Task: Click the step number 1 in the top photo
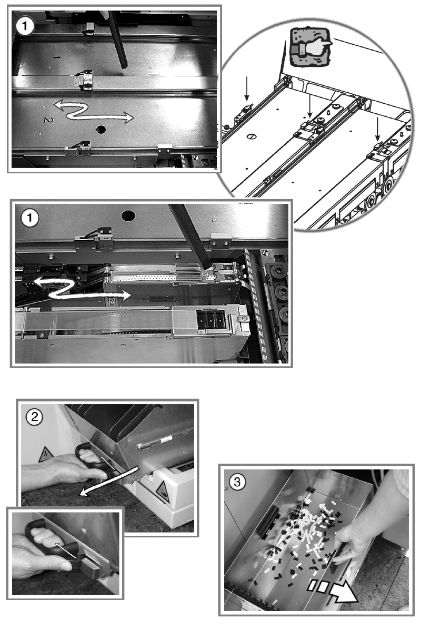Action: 25,26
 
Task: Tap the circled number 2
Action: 34,417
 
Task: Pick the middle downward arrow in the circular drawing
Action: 310,105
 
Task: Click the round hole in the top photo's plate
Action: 101,130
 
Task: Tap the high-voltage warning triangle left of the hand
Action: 46,456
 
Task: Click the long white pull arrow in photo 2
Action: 109,480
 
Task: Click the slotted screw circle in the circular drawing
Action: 252,136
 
